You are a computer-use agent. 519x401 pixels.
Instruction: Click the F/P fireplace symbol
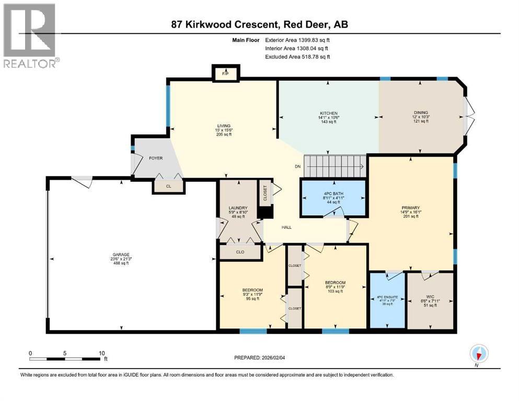(x=225, y=74)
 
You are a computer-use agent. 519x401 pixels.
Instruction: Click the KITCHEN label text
(x=329, y=113)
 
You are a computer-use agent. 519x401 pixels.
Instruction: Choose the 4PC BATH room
(x=332, y=198)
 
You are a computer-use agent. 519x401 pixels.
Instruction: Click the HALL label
(x=286, y=227)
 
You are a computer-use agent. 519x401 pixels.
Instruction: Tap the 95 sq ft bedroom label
(x=252, y=294)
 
